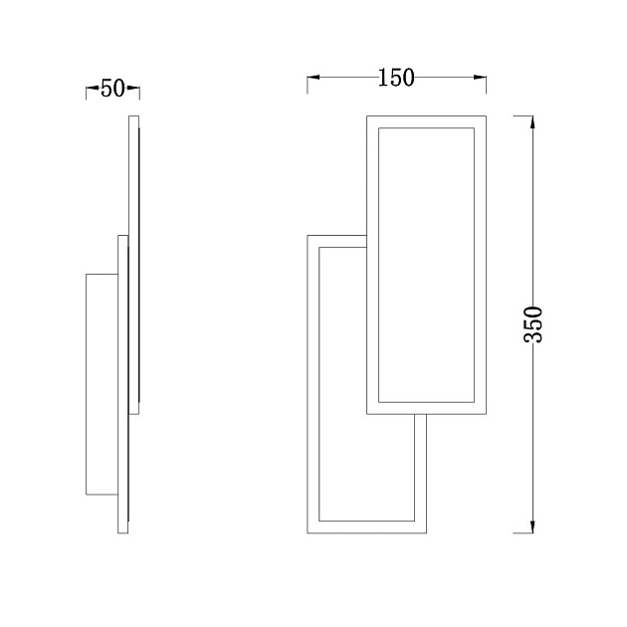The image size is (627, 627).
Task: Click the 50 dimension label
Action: coord(112,89)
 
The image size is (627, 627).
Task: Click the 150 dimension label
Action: coord(396,78)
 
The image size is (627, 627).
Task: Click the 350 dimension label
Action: coord(533,323)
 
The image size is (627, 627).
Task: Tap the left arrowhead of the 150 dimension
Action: coord(313,78)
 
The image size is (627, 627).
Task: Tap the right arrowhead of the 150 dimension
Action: coord(480,78)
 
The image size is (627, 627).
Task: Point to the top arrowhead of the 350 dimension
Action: coord(532,122)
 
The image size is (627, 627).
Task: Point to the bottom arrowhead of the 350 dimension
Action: coord(532,526)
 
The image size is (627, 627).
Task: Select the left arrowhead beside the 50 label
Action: coord(93,88)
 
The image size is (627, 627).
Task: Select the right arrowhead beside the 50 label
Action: coord(133,88)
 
